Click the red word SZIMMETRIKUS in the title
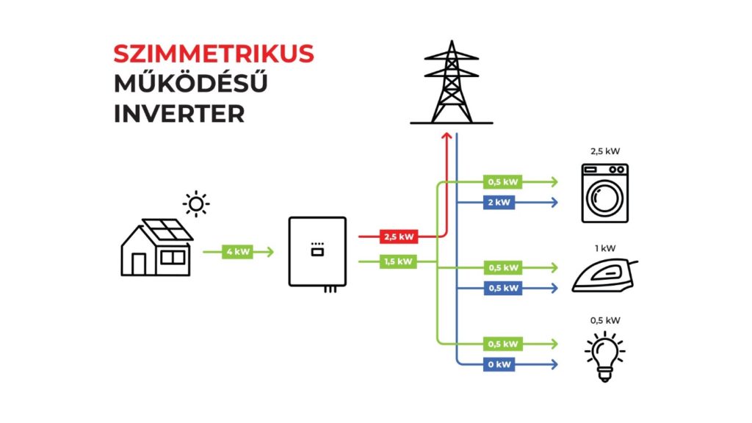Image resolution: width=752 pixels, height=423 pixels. pyautogui.click(x=214, y=53)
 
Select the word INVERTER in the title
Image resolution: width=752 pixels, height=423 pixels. pyautogui.click(x=178, y=115)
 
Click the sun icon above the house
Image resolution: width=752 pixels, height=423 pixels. pyautogui.click(x=195, y=203)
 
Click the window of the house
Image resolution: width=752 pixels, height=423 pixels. pyautogui.click(x=173, y=257)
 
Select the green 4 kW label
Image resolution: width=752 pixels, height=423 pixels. pyautogui.click(x=238, y=252)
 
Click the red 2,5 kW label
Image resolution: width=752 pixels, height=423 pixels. pyautogui.click(x=397, y=237)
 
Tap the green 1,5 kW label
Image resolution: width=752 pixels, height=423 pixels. pyautogui.click(x=397, y=261)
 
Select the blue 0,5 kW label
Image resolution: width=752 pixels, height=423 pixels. pyautogui.click(x=502, y=287)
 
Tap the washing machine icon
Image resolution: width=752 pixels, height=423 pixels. pyautogui.click(x=605, y=192)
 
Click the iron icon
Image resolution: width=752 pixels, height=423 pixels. pyautogui.click(x=604, y=276)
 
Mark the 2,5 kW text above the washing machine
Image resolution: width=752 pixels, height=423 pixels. pyautogui.click(x=605, y=151)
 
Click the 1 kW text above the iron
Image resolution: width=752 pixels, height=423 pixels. pyautogui.click(x=605, y=248)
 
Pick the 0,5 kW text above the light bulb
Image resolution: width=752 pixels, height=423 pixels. pyautogui.click(x=605, y=319)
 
